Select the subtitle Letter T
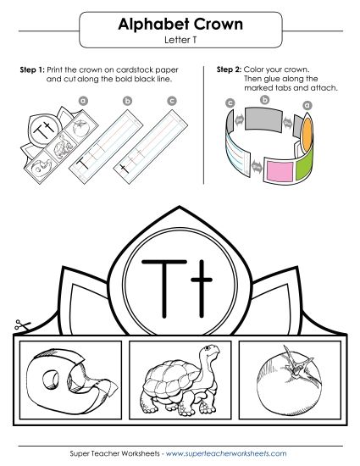click(180, 41)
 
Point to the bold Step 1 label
click(31, 69)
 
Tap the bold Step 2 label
click(230, 69)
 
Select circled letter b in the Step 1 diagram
click(127, 101)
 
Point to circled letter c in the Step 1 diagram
click(171, 101)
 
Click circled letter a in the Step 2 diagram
click(307, 105)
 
